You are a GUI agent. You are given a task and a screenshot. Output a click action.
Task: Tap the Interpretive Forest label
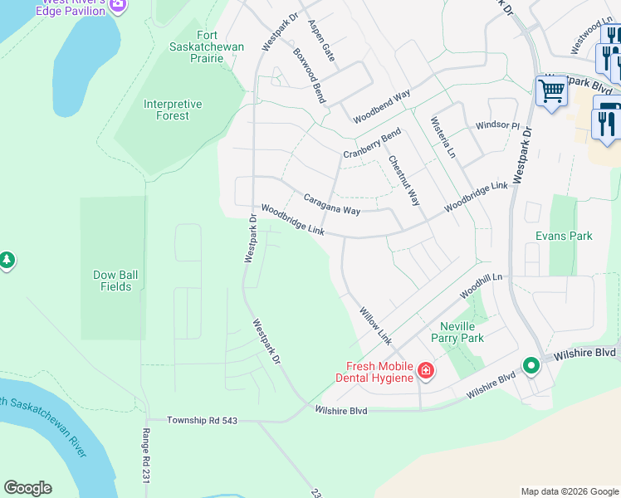[173, 110]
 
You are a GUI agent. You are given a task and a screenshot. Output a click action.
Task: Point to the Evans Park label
[564, 236]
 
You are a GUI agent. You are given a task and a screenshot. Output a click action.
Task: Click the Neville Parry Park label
[457, 332]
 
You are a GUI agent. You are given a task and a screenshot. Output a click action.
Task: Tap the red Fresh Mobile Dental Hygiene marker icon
[425, 369]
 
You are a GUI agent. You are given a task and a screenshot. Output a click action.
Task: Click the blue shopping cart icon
[551, 91]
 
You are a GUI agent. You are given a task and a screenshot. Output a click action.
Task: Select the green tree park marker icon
[7, 261]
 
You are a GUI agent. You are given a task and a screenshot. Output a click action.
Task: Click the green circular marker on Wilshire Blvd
[530, 365]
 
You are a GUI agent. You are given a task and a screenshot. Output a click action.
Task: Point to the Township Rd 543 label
[203, 421]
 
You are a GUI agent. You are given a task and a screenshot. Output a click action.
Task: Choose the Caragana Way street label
[331, 205]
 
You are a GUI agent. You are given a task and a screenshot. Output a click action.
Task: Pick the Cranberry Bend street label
[372, 144]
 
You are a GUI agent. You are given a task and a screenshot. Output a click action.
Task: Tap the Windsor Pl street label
[496, 125]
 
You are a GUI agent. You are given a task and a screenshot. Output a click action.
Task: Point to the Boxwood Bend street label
[308, 75]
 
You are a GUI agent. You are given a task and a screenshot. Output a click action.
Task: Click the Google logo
[27, 488]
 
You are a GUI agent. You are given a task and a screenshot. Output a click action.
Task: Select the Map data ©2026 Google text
[570, 491]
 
